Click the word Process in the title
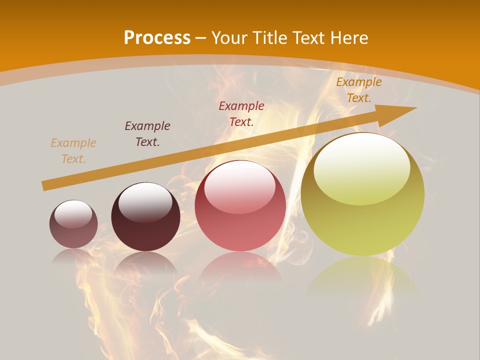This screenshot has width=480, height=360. (x=157, y=38)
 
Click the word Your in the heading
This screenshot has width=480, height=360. (x=230, y=38)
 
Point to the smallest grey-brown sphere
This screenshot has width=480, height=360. (x=73, y=224)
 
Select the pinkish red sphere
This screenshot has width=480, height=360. (x=240, y=206)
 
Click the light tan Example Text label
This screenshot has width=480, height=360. (x=73, y=151)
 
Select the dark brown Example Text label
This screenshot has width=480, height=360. (x=147, y=134)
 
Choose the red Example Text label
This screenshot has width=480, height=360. (x=241, y=114)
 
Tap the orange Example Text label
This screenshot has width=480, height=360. (x=359, y=90)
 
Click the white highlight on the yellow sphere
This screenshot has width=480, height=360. (x=362, y=167)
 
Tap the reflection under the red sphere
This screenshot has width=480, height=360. (x=240, y=267)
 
